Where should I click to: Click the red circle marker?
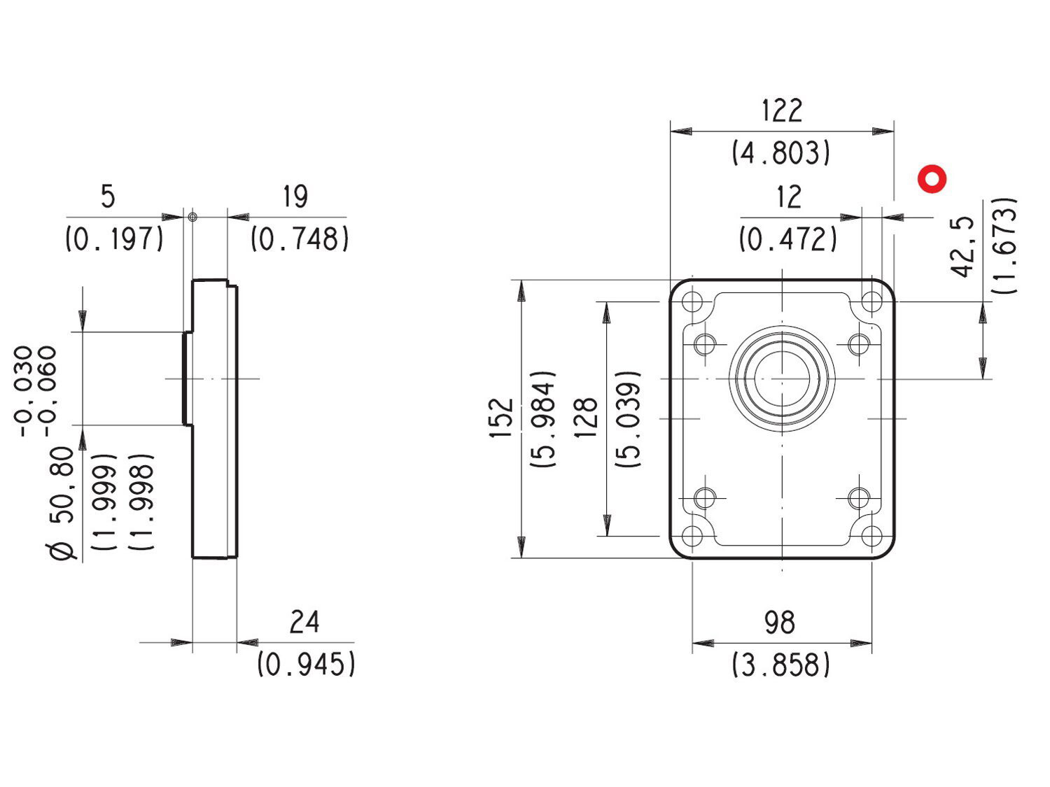[932, 179]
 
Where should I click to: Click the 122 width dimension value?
[781, 111]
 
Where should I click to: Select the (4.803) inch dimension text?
[781, 153]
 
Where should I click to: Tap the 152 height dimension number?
[501, 418]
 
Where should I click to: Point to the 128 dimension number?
[586, 418]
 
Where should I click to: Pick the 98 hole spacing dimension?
[780, 622]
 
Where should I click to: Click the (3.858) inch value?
[781, 664]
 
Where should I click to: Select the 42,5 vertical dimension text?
[964, 246]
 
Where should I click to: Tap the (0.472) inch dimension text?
[788, 239]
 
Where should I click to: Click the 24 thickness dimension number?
[304, 621]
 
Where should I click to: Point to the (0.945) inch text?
[306, 663]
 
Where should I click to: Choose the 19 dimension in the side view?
[295, 197]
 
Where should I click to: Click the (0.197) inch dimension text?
[114, 239]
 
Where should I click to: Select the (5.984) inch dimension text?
[544, 418]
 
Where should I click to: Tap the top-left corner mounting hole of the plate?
[692, 302]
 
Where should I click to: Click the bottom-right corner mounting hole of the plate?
[871, 536]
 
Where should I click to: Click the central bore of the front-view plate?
[782, 378]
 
